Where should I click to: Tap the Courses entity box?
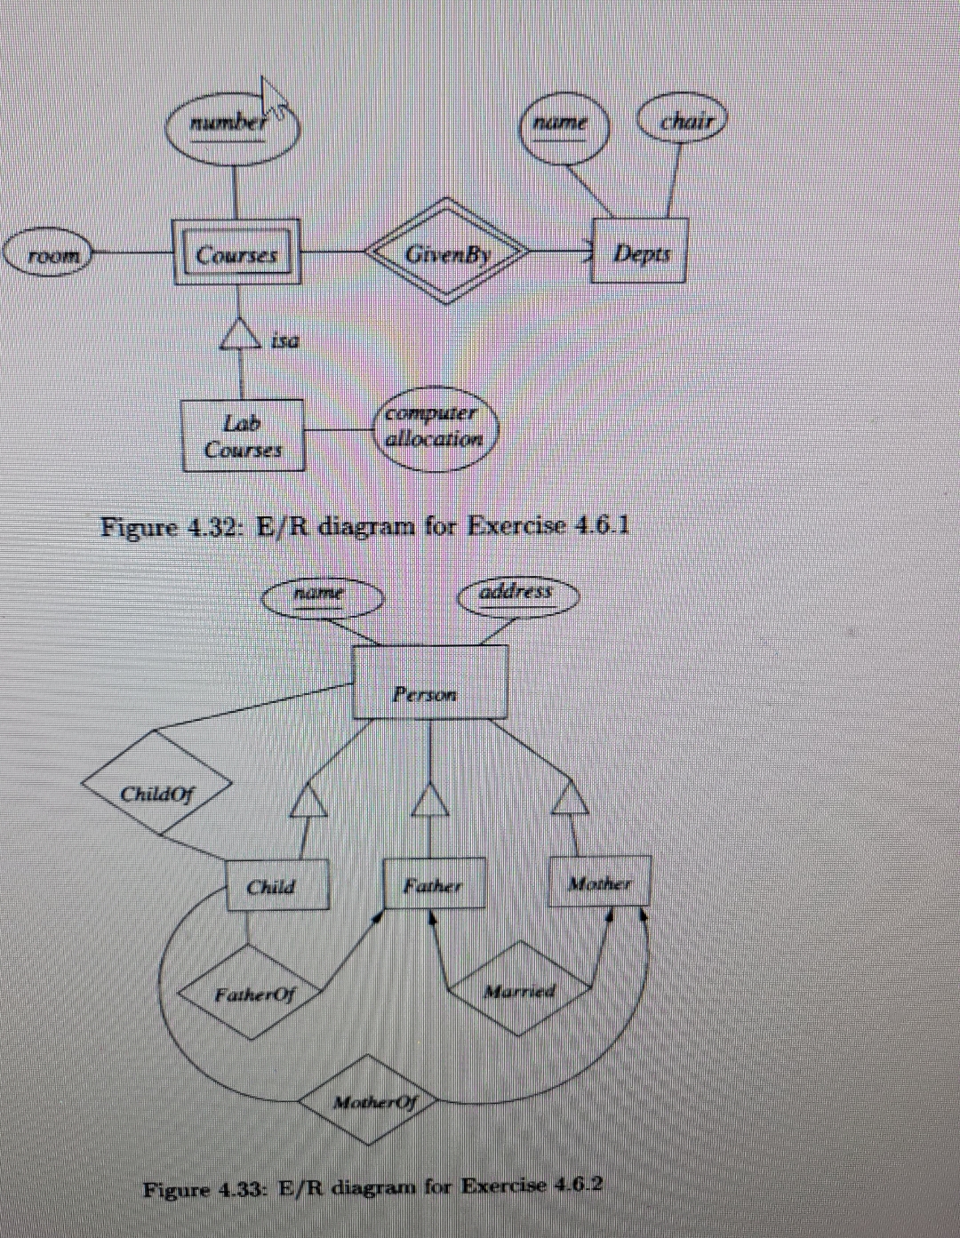click(236, 253)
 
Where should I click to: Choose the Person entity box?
click(430, 683)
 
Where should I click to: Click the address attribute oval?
click(518, 594)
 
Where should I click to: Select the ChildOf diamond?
click(158, 783)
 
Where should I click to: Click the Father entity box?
click(434, 883)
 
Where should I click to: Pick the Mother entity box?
click(600, 880)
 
